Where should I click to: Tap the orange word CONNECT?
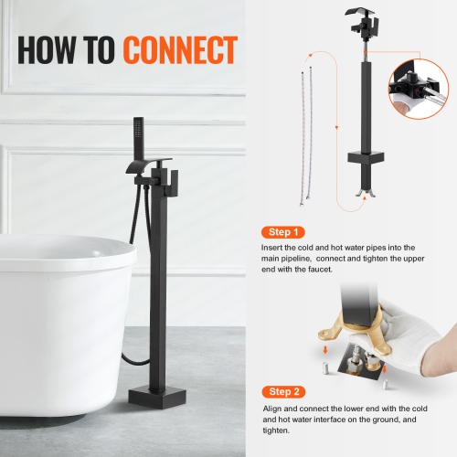(x=180, y=49)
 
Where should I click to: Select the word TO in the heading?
(x=101, y=49)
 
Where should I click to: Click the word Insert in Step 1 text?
(x=272, y=248)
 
